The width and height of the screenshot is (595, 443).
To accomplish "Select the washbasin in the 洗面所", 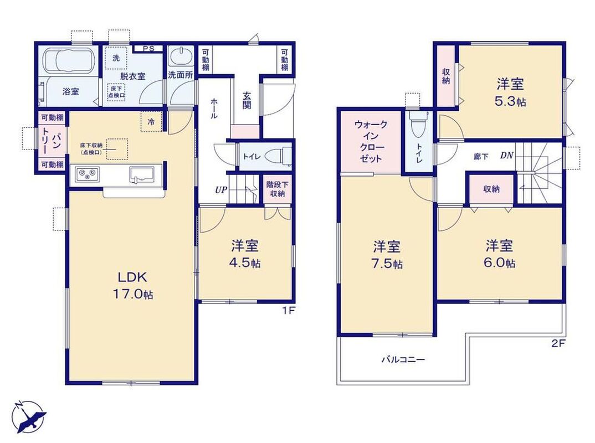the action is pos(180,57).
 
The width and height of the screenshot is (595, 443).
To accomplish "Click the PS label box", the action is pos(148,49).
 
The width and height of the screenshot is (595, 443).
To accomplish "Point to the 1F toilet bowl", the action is pos(278,157).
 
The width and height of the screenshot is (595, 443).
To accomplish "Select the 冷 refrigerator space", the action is pos(151,122).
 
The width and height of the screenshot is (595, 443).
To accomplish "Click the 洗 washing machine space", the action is pos(116,58).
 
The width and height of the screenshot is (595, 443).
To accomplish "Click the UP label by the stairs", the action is pos(221,189).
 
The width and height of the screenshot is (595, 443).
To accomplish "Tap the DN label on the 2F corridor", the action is pos(506,155).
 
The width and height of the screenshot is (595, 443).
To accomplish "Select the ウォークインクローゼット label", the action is pos(371,141).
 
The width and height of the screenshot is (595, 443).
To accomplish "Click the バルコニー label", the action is pos(403,359).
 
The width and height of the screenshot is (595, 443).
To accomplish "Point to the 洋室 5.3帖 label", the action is pos(511,92).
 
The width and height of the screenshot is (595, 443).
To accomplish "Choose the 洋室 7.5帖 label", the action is pos(387,255).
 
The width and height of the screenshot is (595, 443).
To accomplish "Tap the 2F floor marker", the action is pos(558,344).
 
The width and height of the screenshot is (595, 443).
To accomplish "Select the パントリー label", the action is pos(51,141).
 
